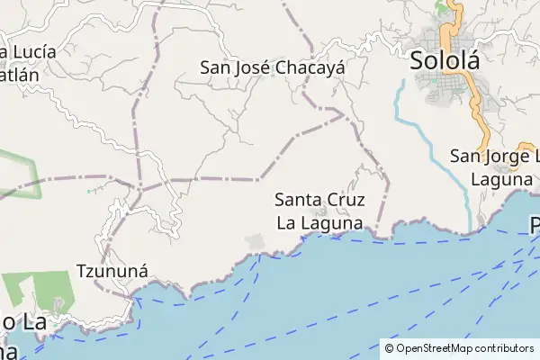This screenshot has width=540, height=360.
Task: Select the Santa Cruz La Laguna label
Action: coord(319,210)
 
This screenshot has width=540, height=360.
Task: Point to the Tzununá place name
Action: coord(112,270)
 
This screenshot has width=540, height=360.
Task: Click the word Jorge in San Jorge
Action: coord(505,156)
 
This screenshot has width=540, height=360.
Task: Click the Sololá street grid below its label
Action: coord(450,90)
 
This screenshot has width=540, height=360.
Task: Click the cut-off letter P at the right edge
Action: coord(535,225)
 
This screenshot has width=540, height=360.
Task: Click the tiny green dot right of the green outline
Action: coord(88,191)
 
